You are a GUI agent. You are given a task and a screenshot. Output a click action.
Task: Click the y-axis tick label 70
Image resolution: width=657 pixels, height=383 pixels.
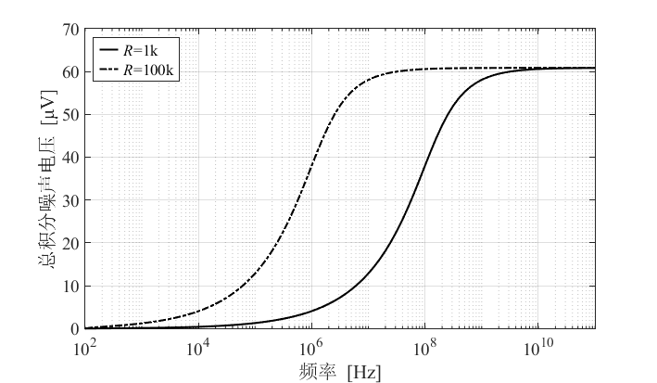[70, 30]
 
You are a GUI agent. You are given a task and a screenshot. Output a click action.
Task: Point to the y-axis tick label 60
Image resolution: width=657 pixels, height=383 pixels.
[70, 72]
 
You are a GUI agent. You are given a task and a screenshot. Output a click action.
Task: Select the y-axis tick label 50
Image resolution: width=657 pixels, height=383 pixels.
[70, 115]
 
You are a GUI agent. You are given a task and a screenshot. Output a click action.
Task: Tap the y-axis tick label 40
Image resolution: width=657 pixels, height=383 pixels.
[70, 158]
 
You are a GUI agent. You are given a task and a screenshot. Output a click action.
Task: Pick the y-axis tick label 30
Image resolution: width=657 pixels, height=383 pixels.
[70, 200]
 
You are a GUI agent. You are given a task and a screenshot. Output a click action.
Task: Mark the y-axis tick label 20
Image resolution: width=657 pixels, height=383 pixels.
[70, 243]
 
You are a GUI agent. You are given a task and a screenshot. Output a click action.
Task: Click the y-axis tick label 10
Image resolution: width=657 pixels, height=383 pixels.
[70, 287]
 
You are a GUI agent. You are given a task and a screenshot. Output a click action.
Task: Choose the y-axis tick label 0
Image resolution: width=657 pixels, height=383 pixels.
[75, 329]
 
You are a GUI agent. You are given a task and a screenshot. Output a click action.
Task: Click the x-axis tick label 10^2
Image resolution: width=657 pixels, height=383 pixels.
[85, 348]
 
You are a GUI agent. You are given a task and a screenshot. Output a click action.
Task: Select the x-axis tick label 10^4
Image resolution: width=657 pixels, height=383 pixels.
[198, 348]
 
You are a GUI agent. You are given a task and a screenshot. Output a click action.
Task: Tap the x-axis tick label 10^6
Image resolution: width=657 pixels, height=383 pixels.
[311, 348]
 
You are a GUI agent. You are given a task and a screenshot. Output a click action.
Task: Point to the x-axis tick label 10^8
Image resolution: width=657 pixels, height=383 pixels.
[424, 348]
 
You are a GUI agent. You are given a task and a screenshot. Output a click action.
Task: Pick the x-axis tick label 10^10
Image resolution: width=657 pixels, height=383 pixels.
[538, 348]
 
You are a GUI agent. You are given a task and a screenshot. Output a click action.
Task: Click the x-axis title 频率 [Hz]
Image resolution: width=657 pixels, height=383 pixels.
[340, 372]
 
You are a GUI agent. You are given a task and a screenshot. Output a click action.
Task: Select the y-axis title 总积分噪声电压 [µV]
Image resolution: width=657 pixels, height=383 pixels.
[47, 179]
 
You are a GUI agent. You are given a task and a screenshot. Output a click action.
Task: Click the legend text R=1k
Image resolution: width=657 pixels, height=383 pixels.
[140, 50]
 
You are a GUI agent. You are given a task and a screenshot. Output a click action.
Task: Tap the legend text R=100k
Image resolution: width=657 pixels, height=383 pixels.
[148, 70]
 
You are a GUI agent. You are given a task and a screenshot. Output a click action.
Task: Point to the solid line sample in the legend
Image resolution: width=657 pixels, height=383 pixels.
[108, 49]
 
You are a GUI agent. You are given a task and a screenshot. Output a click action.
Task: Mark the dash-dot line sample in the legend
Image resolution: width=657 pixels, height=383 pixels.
[108, 69]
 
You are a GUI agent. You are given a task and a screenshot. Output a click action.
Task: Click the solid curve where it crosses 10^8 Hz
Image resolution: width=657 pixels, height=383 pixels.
[424, 163]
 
